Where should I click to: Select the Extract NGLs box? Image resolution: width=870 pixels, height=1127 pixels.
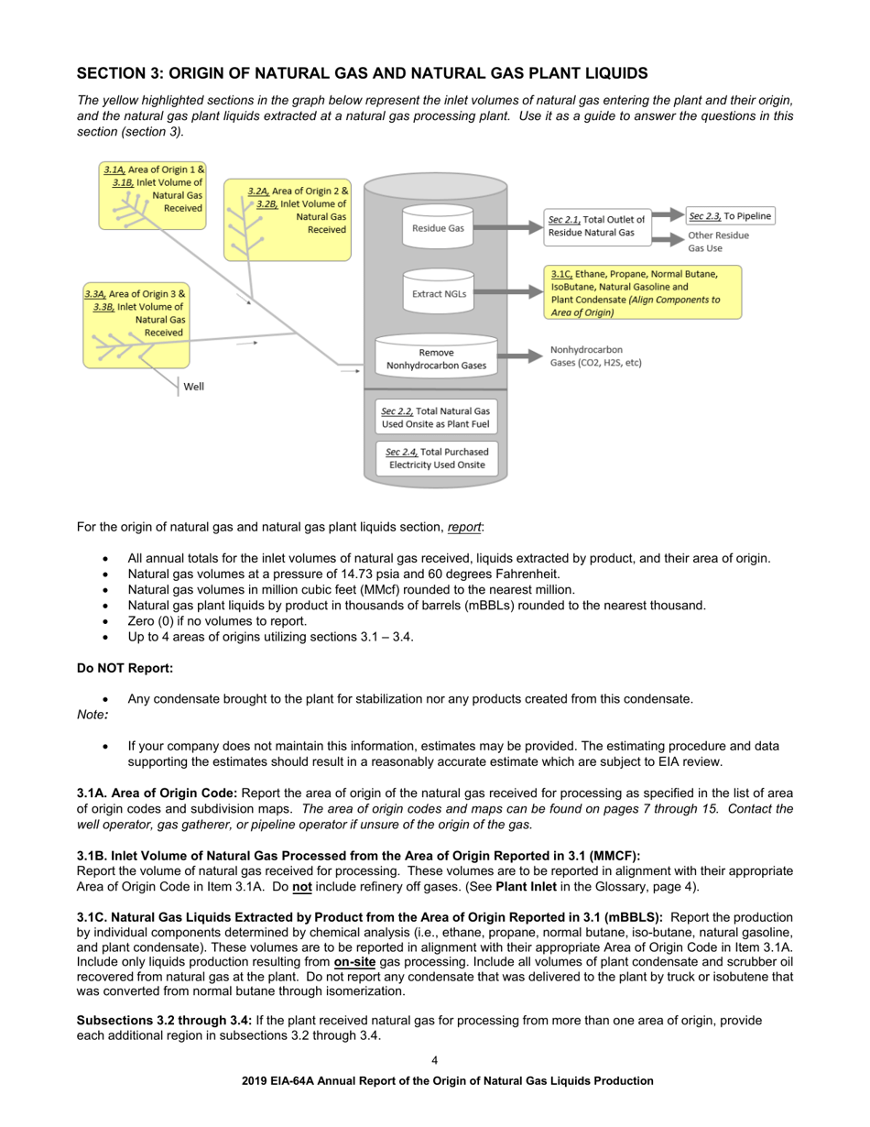tap(439, 293)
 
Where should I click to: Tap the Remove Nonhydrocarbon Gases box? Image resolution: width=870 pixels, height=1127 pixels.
tap(436, 358)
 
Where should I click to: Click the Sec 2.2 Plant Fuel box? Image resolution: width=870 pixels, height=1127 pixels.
tap(436, 418)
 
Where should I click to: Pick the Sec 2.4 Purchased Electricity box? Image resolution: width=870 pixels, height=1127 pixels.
tap(436, 458)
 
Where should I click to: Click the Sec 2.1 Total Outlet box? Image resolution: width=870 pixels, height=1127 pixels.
tap(597, 226)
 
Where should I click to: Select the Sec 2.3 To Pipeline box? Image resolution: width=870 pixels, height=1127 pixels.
tap(730, 216)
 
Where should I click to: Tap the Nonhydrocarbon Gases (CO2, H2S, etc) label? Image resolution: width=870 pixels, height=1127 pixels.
tap(595, 356)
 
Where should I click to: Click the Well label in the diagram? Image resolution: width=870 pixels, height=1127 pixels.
tap(193, 387)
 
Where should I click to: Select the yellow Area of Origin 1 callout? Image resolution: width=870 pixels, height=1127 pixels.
tap(153, 195)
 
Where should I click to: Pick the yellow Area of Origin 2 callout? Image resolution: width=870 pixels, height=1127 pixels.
tap(288, 220)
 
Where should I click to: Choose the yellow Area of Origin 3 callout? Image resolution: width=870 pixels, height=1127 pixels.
tap(136, 324)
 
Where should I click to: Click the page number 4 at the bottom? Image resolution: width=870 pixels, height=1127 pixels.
tap(435, 1061)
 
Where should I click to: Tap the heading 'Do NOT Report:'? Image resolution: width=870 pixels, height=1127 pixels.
tap(125, 668)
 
